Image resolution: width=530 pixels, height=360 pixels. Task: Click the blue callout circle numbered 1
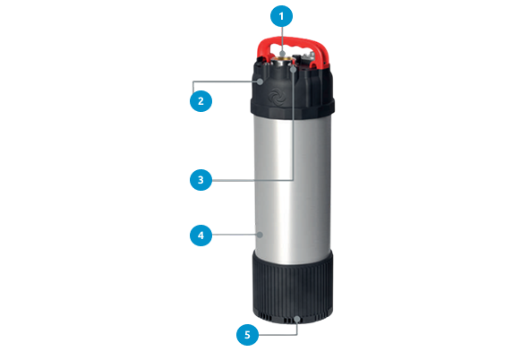point(281,16)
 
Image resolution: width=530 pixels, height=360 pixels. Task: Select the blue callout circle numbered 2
point(201,100)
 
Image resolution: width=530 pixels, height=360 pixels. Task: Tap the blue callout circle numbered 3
point(201,180)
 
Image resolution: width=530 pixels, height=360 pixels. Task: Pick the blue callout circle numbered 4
point(201,235)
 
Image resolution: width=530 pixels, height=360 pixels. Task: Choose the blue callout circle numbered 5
point(247,335)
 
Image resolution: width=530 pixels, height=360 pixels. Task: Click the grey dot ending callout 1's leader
point(282,54)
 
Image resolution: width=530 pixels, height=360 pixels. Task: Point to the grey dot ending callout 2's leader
point(260,81)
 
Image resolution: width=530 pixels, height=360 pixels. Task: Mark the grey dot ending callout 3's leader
point(294,69)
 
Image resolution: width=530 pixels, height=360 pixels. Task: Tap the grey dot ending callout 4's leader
point(260,235)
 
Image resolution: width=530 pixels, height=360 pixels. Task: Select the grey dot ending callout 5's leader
point(296,319)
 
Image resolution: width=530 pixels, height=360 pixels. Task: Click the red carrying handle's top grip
point(293,42)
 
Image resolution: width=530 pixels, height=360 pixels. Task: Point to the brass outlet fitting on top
point(283,61)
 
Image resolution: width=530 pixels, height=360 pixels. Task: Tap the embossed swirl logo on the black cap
point(277,97)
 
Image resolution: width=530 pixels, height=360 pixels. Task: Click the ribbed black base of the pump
point(293,287)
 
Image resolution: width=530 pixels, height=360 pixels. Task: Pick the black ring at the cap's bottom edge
point(293,108)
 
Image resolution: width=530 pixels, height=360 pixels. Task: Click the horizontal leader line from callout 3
point(252,181)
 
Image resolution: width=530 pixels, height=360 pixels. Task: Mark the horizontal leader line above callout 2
point(225,81)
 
